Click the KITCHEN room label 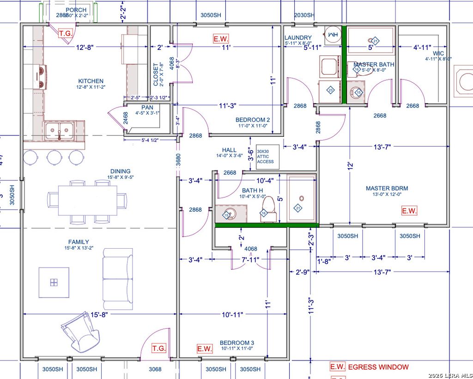[91, 81]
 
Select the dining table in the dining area [88, 200]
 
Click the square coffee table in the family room [54, 282]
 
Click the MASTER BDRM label [387, 188]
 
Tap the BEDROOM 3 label [236, 342]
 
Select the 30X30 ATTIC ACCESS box [266, 157]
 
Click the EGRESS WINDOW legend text [378, 367]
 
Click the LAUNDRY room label [298, 38]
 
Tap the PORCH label [76, 10]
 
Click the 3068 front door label [155, 369]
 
